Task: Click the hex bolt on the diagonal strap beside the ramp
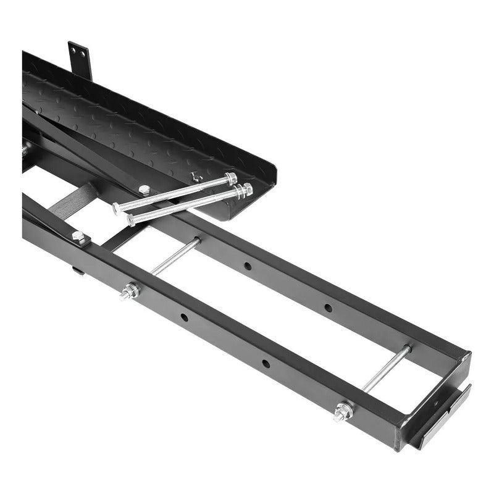click(144, 190)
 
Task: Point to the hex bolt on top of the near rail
click(78, 237)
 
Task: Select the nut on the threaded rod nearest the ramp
click(130, 291)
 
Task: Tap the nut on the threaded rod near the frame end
click(343, 411)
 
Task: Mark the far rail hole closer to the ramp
click(248, 266)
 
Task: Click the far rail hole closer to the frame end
click(327, 307)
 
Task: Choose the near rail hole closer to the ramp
click(184, 317)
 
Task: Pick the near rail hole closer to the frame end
click(265, 363)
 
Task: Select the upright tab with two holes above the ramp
click(80, 59)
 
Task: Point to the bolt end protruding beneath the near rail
click(77, 269)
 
